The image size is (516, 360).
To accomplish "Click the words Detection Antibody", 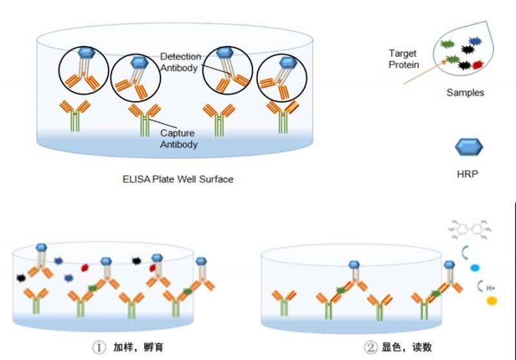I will (180, 62).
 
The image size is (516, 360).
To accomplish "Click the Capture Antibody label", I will (179, 139).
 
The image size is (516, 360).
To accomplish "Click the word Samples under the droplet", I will (465, 93).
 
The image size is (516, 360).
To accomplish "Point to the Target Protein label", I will (403, 59).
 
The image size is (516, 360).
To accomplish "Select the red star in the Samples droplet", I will (478, 65).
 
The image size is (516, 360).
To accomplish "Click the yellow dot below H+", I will (492, 300).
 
